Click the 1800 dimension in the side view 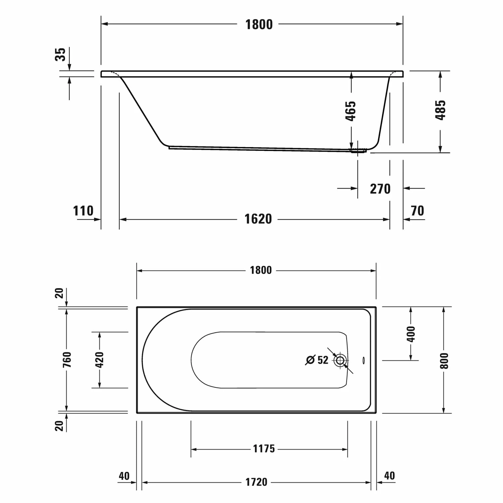[x=259, y=24]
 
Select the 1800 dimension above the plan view [x=261, y=270]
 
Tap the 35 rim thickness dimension [x=60, y=54]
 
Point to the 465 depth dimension [x=351, y=111]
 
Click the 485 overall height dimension [x=440, y=110]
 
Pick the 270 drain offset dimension [x=380, y=189]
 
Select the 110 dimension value [x=83, y=211]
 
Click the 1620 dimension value [x=258, y=219]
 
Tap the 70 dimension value [x=417, y=211]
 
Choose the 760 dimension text [x=67, y=359]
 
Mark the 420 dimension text [x=100, y=360]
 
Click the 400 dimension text [x=411, y=334]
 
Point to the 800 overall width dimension [x=444, y=360]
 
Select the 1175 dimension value [x=264, y=449]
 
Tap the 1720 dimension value [x=256, y=482]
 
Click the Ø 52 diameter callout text [x=317, y=360]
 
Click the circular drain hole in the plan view [x=340, y=361]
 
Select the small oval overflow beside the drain [x=364, y=360]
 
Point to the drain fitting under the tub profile [x=358, y=151]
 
